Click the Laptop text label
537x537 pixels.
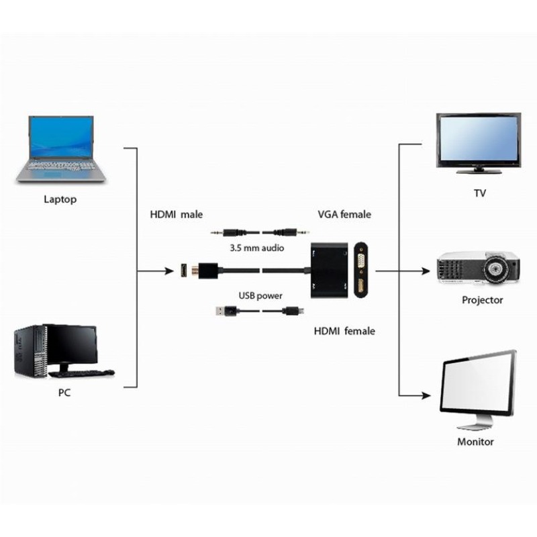pyautogui.click(x=60, y=199)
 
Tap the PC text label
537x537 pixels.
pyautogui.click(x=64, y=393)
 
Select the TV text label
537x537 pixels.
pyautogui.click(x=480, y=193)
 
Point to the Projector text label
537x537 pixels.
pyautogui.click(x=482, y=300)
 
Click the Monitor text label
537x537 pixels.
pyautogui.click(x=475, y=442)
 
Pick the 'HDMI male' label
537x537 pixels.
pyautogui.click(x=177, y=214)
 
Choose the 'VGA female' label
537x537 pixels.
pyautogui.click(x=344, y=214)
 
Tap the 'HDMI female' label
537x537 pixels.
pyautogui.click(x=344, y=331)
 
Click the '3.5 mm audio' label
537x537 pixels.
pyautogui.click(x=257, y=248)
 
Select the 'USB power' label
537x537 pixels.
pyautogui.click(x=260, y=295)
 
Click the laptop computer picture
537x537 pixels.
pyautogui.click(x=61, y=149)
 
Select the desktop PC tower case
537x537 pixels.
pyautogui.click(x=31, y=352)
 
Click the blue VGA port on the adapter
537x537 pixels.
pyautogui.click(x=361, y=260)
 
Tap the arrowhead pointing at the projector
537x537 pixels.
pyautogui.click(x=426, y=271)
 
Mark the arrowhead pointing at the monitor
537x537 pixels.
pyautogui.click(x=426, y=395)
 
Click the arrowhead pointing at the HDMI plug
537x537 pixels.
pyautogui.click(x=169, y=271)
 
